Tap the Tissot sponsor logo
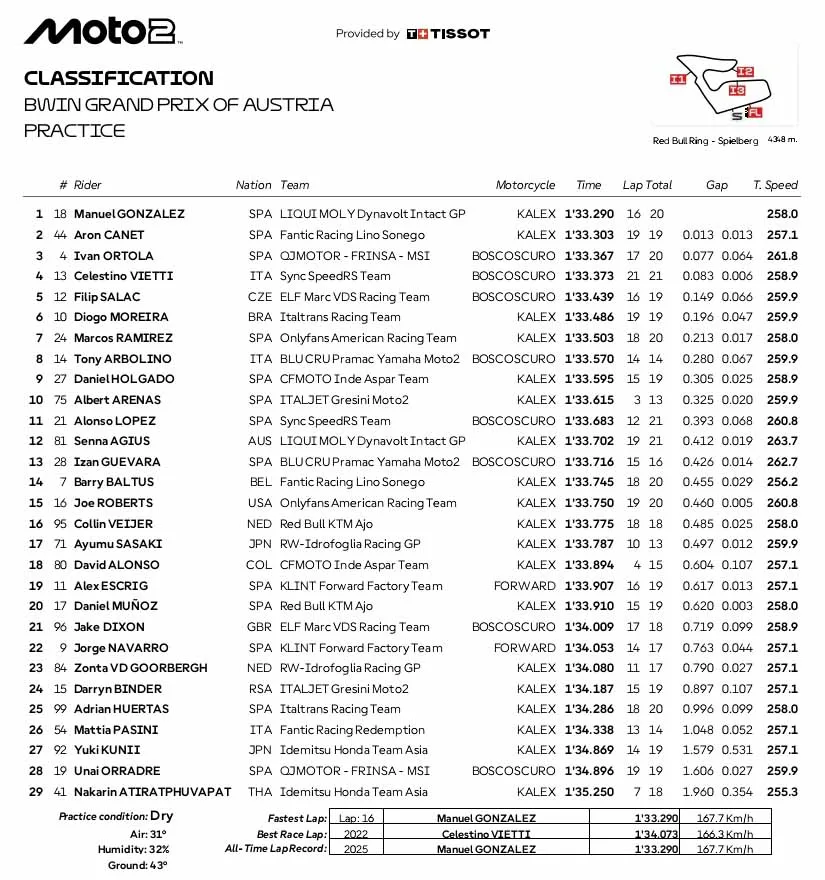(x=448, y=34)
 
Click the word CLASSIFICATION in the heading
(x=118, y=78)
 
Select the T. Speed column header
(x=775, y=185)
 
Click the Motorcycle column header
(x=525, y=185)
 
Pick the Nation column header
(x=253, y=185)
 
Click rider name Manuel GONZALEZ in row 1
(x=129, y=214)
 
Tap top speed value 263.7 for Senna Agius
(x=781, y=441)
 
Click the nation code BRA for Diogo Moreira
(x=259, y=317)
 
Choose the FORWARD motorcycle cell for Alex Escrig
(x=524, y=586)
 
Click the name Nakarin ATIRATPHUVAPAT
(x=152, y=792)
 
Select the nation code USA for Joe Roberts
(x=259, y=503)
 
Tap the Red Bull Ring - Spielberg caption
(x=705, y=141)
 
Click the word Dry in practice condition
(x=160, y=817)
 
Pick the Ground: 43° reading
(x=137, y=865)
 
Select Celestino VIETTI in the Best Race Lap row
(x=485, y=833)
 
